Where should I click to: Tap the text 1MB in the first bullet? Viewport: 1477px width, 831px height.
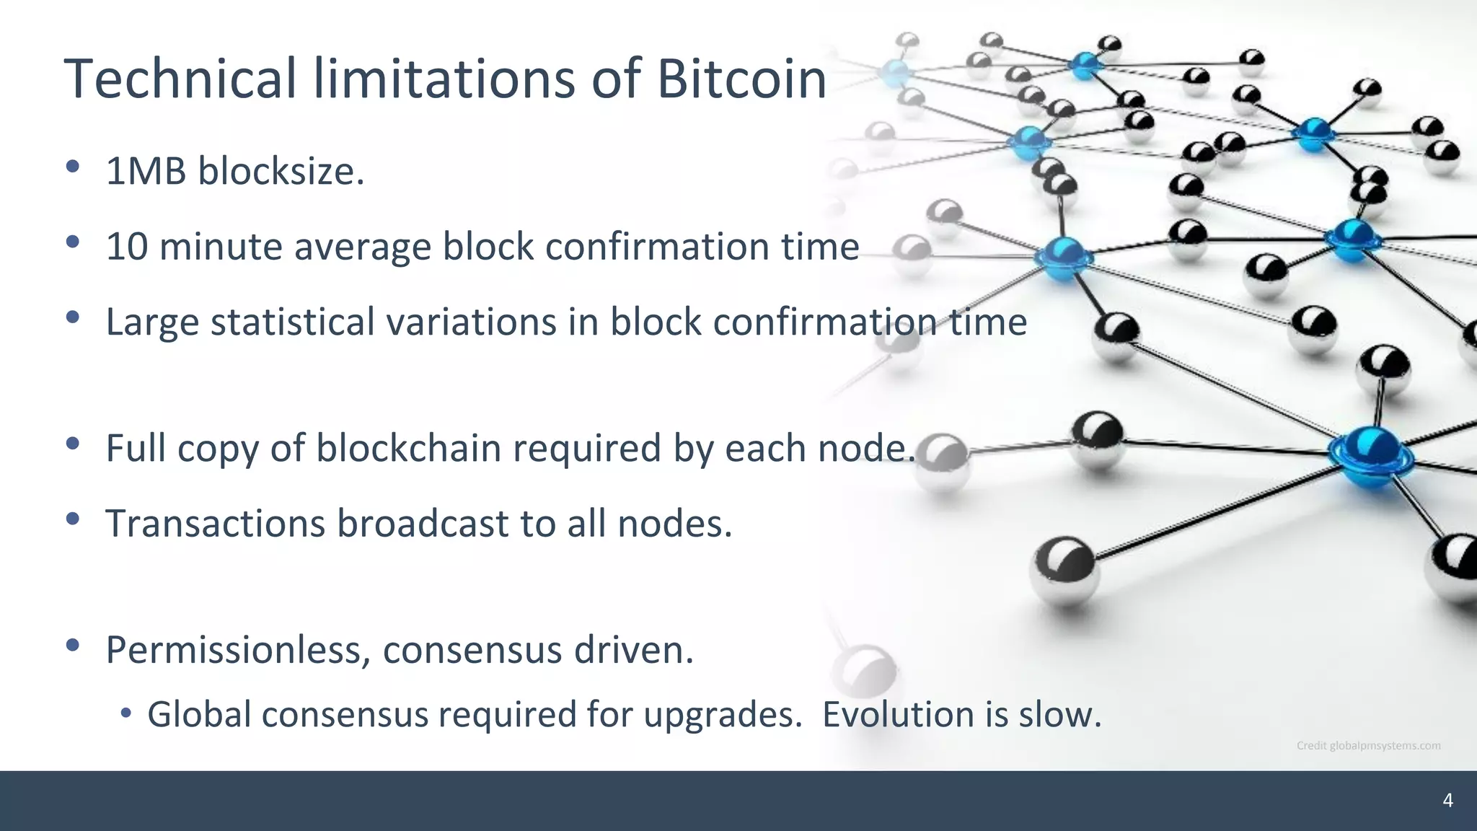point(146,172)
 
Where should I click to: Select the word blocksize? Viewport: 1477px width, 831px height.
point(281,172)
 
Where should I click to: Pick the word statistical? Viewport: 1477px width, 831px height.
point(292,322)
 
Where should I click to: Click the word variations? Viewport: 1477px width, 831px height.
point(471,322)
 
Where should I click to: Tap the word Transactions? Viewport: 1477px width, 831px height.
point(215,524)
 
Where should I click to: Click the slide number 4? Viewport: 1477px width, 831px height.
point(1447,801)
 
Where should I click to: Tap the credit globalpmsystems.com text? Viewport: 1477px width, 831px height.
point(1368,746)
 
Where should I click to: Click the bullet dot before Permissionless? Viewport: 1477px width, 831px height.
point(72,646)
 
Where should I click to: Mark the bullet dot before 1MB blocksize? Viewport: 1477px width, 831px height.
point(72,167)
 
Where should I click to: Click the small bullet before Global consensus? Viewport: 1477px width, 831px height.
point(126,713)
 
